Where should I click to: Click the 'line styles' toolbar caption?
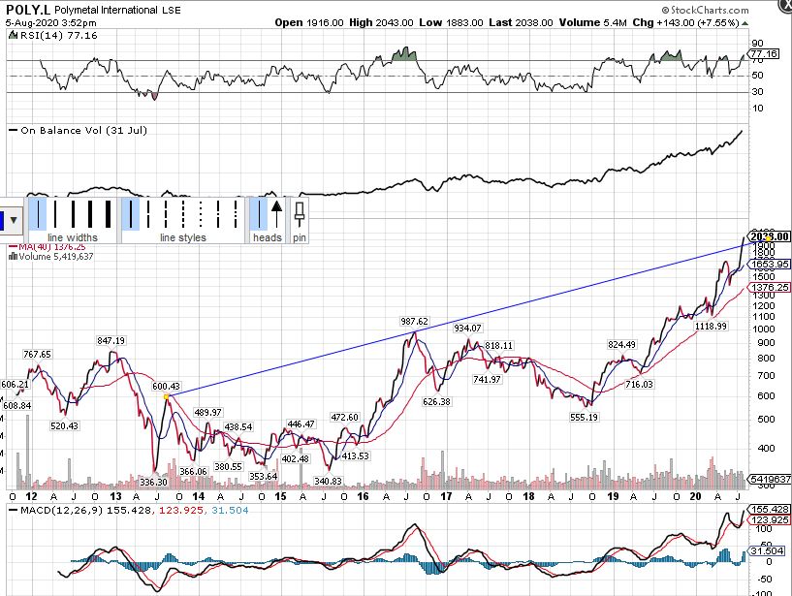pyautogui.click(x=183, y=237)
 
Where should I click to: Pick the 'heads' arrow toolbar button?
pyautogui.click(x=268, y=237)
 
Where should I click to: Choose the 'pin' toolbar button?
pyautogui.click(x=300, y=237)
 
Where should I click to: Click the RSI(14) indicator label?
pyautogui.click(x=43, y=34)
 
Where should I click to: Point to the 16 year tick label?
pyautogui.click(x=362, y=495)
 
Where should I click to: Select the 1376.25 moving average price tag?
pyautogui.click(x=771, y=288)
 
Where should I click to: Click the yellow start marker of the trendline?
pyautogui.click(x=168, y=396)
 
